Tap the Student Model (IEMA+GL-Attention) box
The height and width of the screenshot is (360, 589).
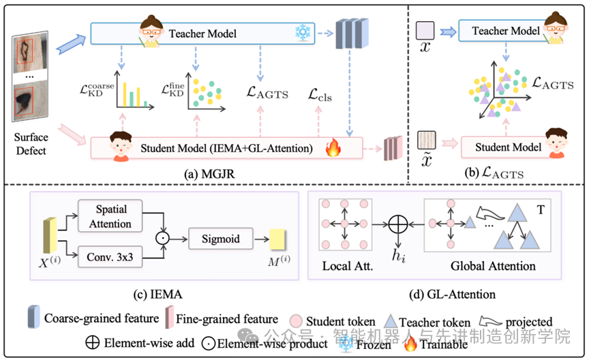click(225, 147)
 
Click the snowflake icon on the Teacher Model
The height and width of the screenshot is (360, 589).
click(301, 31)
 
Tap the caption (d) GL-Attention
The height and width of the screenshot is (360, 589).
click(442, 294)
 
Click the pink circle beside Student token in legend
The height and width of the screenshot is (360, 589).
click(297, 320)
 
